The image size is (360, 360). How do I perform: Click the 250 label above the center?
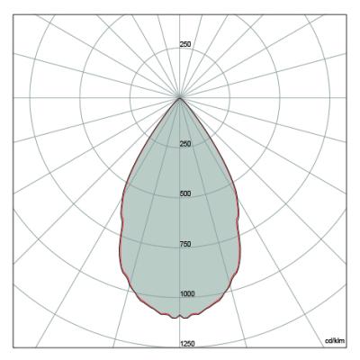185,44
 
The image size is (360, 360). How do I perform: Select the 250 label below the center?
185,144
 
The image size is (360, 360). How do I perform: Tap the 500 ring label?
185,193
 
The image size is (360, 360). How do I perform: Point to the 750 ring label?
185,244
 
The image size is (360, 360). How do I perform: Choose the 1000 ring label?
187,294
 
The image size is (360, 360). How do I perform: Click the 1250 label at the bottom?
187,344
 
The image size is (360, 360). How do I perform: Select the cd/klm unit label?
335,340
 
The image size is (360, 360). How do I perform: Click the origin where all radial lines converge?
180,98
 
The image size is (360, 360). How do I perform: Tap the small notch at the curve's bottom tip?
180,316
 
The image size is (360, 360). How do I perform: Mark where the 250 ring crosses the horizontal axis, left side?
130,98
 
